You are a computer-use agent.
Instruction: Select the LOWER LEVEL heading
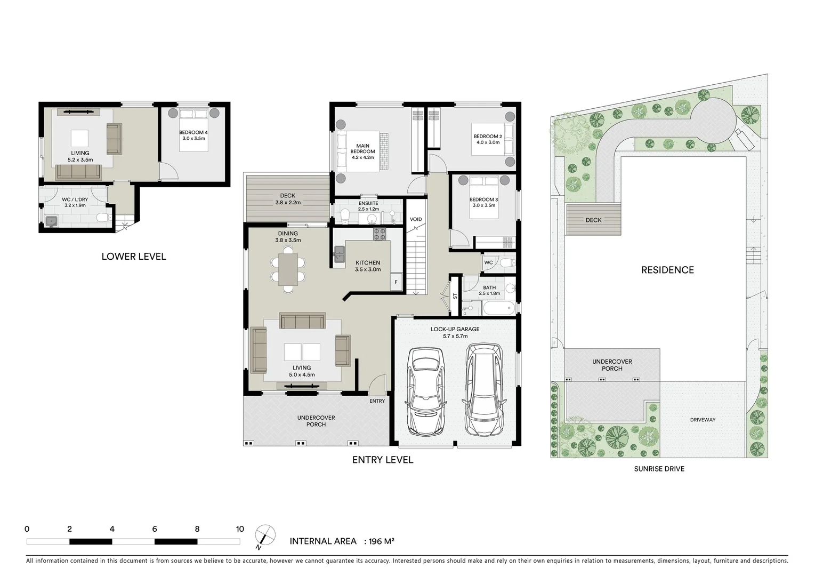[x=134, y=257]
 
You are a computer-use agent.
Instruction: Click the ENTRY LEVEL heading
[x=382, y=460]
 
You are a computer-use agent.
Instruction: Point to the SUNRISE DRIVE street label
[x=659, y=469]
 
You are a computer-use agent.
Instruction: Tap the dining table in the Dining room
[x=288, y=269]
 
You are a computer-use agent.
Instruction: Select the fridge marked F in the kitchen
[x=396, y=282]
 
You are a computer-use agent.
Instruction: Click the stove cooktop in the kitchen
[x=380, y=233]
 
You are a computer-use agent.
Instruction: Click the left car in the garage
[x=425, y=391]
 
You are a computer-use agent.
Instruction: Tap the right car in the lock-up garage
[x=483, y=389]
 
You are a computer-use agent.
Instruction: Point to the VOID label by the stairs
[x=416, y=219]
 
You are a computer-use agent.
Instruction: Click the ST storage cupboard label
[x=455, y=295]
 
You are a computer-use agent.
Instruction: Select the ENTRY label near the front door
[x=377, y=401]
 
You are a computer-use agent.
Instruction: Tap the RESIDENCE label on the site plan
[x=667, y=270]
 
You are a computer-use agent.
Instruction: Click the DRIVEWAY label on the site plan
[x=703, y=420]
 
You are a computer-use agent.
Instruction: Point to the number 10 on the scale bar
[x=240, y=529]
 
